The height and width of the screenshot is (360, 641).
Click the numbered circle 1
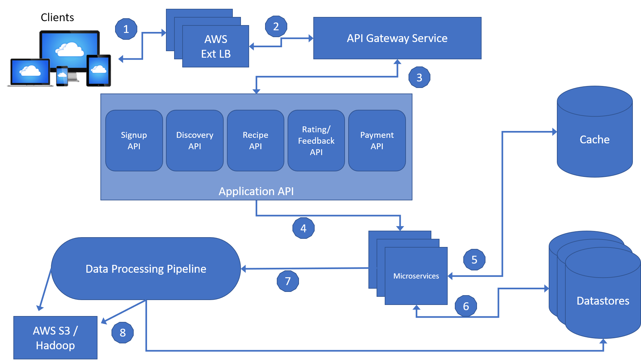click(x=126, y=29)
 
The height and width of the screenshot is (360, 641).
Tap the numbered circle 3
click(x=419, y=77)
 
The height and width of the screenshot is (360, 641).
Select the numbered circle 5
click(x=474, y=260)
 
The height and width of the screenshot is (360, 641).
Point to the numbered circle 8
click(x=123, y=333)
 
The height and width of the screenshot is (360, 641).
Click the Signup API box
click(x=134, y=140)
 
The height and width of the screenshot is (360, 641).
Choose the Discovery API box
click(x=195, y=140)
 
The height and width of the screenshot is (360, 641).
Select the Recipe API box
click(x=256, y=140)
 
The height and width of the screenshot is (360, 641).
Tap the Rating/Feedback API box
click(x=316, y=140)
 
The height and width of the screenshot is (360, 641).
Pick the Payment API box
click(x=377, y=140)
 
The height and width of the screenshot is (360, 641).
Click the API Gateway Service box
click(x=397, y=38)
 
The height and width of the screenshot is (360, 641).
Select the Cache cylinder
click(x=595, y=132)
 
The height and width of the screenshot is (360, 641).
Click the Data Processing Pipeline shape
click(x=146, y=268)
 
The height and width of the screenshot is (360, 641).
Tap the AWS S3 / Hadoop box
click(x=55, y=338)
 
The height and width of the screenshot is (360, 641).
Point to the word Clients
click(x=57, y=17)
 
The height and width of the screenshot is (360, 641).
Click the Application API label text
click(x=256, y=191)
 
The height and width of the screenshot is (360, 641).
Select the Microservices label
click(x=416, y=276)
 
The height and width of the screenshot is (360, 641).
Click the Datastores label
click(x=603, y=301)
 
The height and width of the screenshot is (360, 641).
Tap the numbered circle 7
click(x=288, y=281)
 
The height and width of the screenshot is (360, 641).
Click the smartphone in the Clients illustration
click(x=62, y=76)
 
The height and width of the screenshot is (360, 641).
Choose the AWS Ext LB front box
click(x=216, y=46)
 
